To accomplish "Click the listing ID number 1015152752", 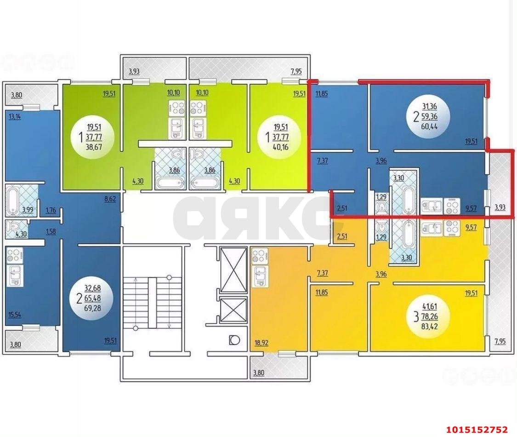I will pyautogui.click(x=477, y=429).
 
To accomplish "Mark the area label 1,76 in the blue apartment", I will pyautogui.click(x=51, y=211).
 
